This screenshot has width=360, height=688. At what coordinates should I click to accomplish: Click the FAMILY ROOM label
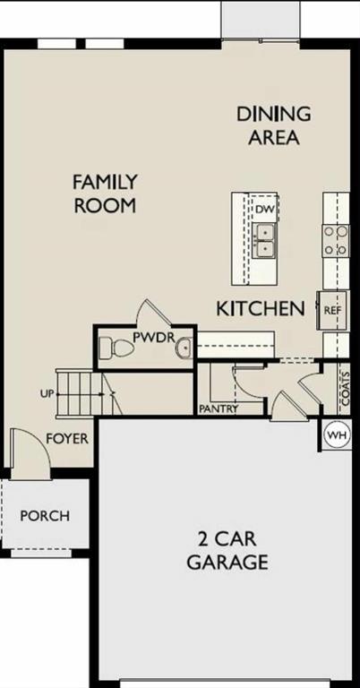tap(104, 193)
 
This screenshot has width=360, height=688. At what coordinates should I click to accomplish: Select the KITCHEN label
tap(261, 309)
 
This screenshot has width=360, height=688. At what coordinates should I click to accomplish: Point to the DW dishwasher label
tap(263, 209)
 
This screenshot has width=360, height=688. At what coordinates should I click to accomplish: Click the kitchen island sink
tap(264, 240)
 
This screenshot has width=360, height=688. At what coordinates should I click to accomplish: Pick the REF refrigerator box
tap(332, 310)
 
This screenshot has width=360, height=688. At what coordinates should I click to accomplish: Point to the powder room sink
tap(184, 348)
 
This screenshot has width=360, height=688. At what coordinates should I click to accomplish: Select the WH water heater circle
tap(337, 435)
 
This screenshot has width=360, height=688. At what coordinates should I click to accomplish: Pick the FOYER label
tap(67, 438)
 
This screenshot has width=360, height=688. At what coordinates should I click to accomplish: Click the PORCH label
tap(45, 516)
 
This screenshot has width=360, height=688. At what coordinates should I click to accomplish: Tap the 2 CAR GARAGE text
tap(227, 551)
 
